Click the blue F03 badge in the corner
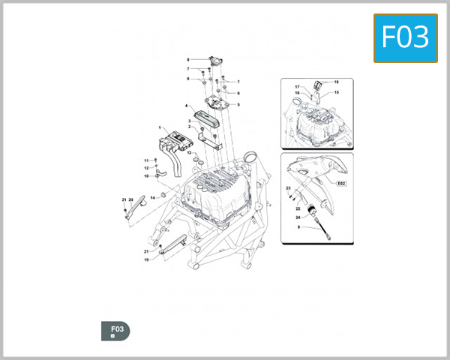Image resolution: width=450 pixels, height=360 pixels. (x=405, y=37)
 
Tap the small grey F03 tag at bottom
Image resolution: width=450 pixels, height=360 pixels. (x=115, y=331)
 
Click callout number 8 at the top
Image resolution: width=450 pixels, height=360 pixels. (x=188, y=59)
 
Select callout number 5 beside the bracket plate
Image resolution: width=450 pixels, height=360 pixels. (x=238, y=104)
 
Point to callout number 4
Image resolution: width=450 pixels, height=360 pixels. (x=187, y=107)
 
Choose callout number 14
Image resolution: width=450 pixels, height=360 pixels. (x=151, y=197)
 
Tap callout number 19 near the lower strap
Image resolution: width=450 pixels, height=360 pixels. (x=146, y=259)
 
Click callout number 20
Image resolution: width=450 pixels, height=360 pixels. (x=130, y=199)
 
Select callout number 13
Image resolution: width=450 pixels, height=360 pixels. (x=190, y=153)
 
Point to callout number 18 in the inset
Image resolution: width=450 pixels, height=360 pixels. (x=336, y=82)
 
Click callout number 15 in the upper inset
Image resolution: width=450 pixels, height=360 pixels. (x=337, y=92)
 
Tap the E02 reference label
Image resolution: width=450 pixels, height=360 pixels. (x=341, y=182)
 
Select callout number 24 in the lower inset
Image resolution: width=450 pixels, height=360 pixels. (x=298, y=217)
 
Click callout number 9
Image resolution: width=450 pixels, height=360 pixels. (x=298, y=227)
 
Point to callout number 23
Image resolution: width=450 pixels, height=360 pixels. (x=288, y=187)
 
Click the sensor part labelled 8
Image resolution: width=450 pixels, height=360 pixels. (x=216, y=60)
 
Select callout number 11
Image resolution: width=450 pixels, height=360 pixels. (x=147, y=160)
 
